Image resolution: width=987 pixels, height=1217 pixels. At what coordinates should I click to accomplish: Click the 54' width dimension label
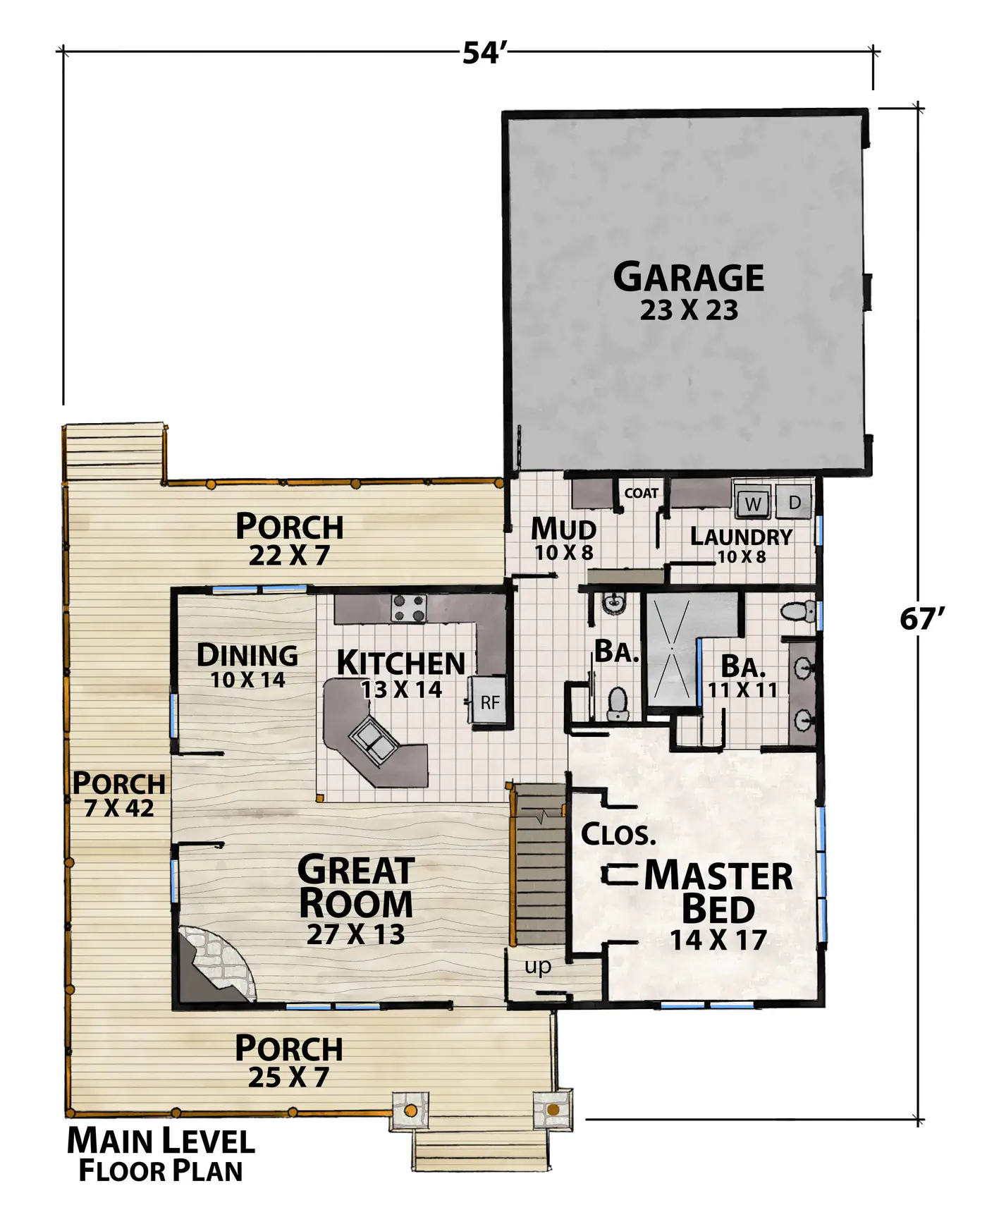[485, 53]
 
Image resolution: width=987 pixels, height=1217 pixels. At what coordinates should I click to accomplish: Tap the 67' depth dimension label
[921, 619]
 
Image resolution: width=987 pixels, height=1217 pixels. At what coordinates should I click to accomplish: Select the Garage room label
[689, 277]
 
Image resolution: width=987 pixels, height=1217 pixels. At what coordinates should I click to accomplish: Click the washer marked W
[753, 503]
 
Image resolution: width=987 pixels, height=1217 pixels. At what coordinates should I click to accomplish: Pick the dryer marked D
[794, 502]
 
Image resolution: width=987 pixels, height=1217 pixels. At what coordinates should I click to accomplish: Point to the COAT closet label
[642, 493]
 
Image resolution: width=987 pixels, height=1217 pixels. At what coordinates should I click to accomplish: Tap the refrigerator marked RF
[489, 702]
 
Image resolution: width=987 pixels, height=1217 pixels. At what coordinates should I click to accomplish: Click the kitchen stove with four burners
[409, 608]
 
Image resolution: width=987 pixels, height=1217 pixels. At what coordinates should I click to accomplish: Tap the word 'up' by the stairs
[538, 967]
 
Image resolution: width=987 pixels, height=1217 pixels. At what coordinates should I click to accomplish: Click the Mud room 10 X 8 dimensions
[564, 553]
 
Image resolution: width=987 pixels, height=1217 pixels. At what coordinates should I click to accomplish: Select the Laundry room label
[741, 537]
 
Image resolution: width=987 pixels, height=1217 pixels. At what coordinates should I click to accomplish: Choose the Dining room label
[247, 655]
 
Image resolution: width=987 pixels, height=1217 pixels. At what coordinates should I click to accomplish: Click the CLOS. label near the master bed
[618, 835]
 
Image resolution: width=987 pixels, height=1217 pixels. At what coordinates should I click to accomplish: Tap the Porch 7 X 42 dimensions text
[119, 808]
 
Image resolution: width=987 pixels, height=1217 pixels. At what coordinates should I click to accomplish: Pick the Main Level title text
[161, 1142]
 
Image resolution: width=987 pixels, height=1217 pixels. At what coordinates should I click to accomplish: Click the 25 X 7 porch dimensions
[288, 1077]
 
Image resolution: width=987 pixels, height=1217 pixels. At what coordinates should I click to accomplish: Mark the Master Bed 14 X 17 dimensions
[718, 940]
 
